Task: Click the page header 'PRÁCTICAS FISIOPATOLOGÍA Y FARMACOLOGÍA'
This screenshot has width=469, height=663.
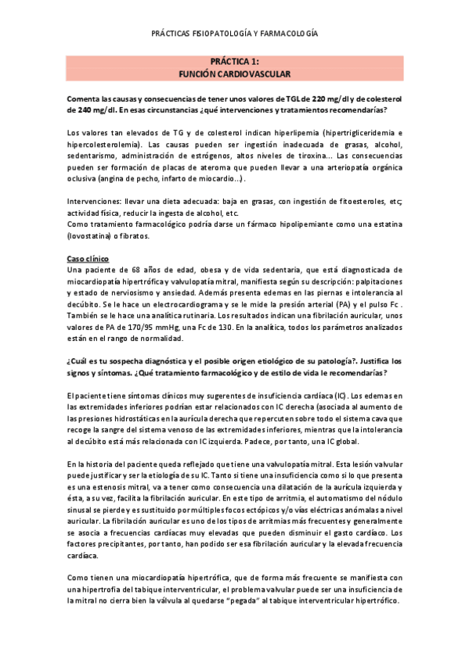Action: click(235, 34)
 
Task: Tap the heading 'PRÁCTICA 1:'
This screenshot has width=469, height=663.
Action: click(234, 61)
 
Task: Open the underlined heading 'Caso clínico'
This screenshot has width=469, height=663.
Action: click(88, 258)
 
